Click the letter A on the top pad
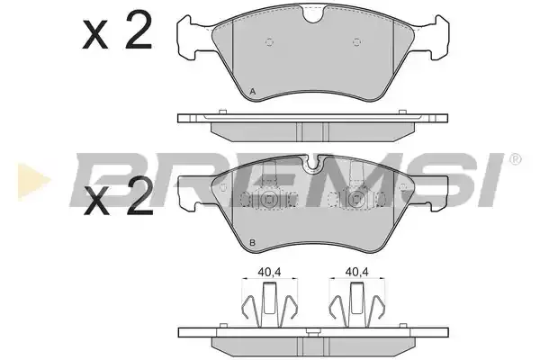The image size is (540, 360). coord(252,92)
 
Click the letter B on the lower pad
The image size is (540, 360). coord(252,243)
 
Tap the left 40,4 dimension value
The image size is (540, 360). coord(269,272)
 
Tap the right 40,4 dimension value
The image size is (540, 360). coord(357,272)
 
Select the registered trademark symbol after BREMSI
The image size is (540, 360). coord(516,159)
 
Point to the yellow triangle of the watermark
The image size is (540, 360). coord(34,181)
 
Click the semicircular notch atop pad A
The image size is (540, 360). coord(312,15)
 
